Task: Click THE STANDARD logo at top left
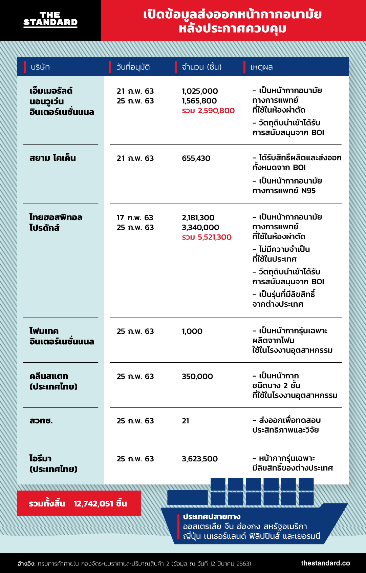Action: pyautogui.click(x=50, y=19)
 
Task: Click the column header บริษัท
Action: pyautogui.click(x=40, y=67)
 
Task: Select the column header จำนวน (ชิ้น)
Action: pyautogui.click(x=202, y=67)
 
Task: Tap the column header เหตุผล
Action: pyautogui.click(x=261, y=67)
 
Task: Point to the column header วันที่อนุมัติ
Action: pyautogui.click(x=133, y=67)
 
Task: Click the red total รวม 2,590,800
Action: pyautogui.click(x=208, y=111)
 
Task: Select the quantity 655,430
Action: pyautogui.click(x=196, y=158)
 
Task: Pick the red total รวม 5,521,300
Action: pyautogui.click(x=207, y=237)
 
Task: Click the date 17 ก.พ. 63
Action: pyautogui.click(x=135, y=217)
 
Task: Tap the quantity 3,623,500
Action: pyautogui.click(x=200, y=459)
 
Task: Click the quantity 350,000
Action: pyautogui.click(x=197, y=376)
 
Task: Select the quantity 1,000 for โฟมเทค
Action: pyautogui.click(x=192, y=331)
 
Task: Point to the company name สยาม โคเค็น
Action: pyautogui.click(x=52, y=158)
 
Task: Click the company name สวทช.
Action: pyautogui.click(x=41, y=421)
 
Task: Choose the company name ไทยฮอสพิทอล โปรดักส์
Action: pyautogui.click(x=56, y=222)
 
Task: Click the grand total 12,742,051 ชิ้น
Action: pyautogui.click(x=100, y=503)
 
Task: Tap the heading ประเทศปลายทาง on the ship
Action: pyautogui.click(x=212, y=517)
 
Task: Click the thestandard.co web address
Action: pyautogui.click(x=325, y=563)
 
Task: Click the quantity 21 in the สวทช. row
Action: pyautogui.click(x=186, y=421)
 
